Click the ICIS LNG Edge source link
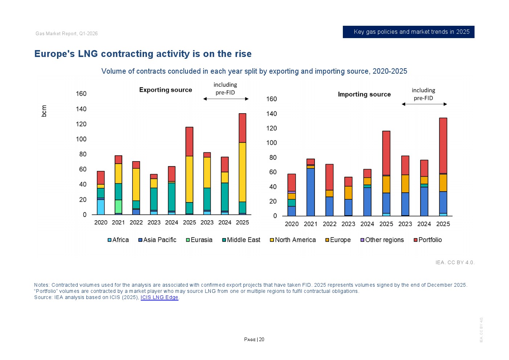[159, 298]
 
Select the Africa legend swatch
[109, 240]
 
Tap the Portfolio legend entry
[428, 240]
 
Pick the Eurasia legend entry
[199, 240]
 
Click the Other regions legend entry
[382, 240]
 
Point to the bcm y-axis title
[44, 111]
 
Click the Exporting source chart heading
[165, 90]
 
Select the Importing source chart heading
[364, 94]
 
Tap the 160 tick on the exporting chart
[81, 94]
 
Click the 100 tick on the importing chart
[271, 143]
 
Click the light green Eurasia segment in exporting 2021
[118, 206]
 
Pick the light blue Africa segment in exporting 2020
[100, 207]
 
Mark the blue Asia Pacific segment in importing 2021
[311, 192]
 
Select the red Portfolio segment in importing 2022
[329, 177]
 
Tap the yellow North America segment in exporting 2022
[136, 184]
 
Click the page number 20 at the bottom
[262, 340]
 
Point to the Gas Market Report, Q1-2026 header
[66, 34]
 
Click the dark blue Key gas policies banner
[409, 32]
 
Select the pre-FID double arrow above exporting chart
[226, 99]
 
